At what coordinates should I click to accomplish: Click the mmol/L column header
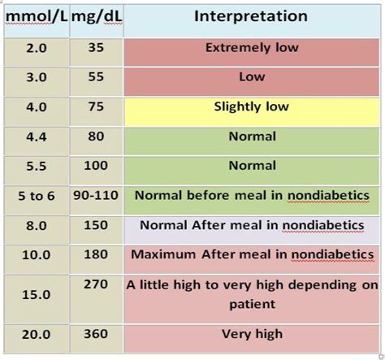click(34, 17)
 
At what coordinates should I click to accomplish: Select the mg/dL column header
click(97, 17)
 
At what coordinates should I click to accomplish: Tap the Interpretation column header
click(251, 16)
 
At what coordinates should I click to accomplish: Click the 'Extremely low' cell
click(251, 48)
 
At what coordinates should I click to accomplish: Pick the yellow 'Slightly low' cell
click(251, 107)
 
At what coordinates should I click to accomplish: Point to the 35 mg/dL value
click(95, 48)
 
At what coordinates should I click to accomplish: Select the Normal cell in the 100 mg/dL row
click(251, 166)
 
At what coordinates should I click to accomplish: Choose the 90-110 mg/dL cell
click(95, 196)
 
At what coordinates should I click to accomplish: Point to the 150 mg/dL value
click(95, 225)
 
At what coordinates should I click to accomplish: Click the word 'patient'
click(251, 304)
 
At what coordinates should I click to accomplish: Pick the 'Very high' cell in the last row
click(251, 334)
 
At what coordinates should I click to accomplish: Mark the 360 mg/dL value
click(95, 334)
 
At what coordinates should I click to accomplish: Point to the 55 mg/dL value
click(95, 78)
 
